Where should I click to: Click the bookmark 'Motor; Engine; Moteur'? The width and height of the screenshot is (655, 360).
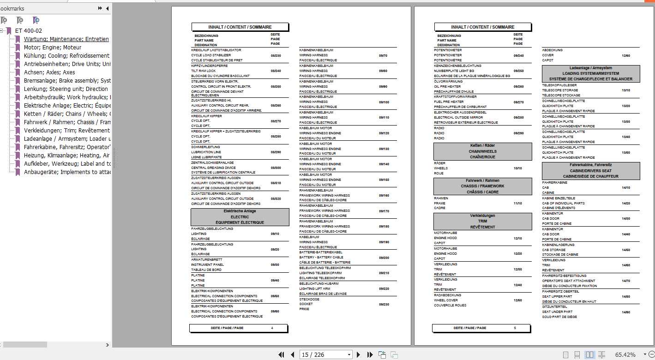(x=52, y=48)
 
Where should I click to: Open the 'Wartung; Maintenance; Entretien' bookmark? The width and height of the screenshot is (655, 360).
(x=66, y=39)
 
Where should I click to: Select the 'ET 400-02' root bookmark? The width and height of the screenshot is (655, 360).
(x=28, y=31)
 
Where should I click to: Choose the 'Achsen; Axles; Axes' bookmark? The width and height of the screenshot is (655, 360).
(x=49, y=72)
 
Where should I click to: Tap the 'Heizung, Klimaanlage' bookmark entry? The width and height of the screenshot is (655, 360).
(x=66, y=156)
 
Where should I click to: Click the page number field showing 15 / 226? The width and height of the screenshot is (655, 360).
(x=325, y=354)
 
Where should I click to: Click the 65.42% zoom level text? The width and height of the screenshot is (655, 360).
(x=625, y=354)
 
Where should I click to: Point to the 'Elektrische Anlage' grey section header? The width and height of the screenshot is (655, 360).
(x=240, y=217)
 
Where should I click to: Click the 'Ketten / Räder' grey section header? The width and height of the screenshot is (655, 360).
(x=482, y=151)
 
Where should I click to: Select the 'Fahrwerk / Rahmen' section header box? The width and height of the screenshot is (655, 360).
(x=482, y=186)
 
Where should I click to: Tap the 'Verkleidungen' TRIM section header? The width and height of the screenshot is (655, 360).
(x=482, y=221)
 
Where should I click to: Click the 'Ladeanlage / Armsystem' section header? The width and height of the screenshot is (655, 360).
(x=591, y=73)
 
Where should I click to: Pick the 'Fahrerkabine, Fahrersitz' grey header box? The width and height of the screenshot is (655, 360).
(x=591, y=170)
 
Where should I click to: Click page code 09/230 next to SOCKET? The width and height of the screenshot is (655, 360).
(x=384, y=304)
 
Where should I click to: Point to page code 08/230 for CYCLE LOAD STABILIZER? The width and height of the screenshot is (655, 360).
(x=276, y=55)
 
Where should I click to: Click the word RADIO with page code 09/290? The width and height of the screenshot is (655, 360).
(x=439, y=133)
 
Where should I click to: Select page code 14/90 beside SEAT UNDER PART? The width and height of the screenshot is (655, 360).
(x=626, y=312)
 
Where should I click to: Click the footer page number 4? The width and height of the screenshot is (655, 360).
(x=272, y=328)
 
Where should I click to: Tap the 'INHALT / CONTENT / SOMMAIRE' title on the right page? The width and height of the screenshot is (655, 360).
(x=482, y=27)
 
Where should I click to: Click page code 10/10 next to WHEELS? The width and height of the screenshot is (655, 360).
(x=518, y=168)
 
